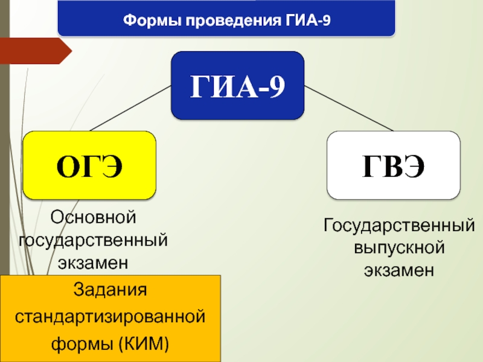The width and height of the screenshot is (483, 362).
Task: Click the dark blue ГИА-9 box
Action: pos(237,86)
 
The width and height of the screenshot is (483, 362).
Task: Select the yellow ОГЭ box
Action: pos(90,165)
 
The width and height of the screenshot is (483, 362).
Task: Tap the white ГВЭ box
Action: pos(393,165)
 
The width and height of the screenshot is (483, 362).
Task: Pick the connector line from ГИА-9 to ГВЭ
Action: pos(348,109)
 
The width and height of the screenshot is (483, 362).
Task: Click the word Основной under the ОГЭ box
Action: pos(94,216)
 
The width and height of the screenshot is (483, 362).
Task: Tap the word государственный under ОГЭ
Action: pos(94,240)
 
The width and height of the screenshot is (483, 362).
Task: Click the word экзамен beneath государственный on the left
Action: pos(94,262)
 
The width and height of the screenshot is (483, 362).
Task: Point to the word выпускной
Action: pos(399,248)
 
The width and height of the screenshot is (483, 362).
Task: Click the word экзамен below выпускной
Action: pos(399,271)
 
